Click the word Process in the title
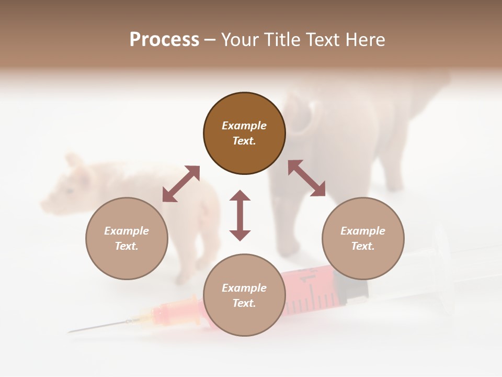[164, 40]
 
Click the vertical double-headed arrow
[240, 215]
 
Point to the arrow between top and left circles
[181, 183]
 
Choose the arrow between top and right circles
[306, 178]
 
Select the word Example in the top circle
[244, 126]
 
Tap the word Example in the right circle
[363, 231]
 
